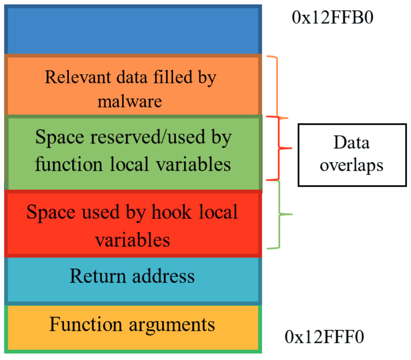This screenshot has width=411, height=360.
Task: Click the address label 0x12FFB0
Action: point(332,18)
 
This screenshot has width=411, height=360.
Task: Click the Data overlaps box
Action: point(352,154)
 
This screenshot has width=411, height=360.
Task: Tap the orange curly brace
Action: point(281,86)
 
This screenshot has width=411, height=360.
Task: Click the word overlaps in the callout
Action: point(352,165)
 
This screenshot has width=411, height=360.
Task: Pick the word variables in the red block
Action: point(132,239)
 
